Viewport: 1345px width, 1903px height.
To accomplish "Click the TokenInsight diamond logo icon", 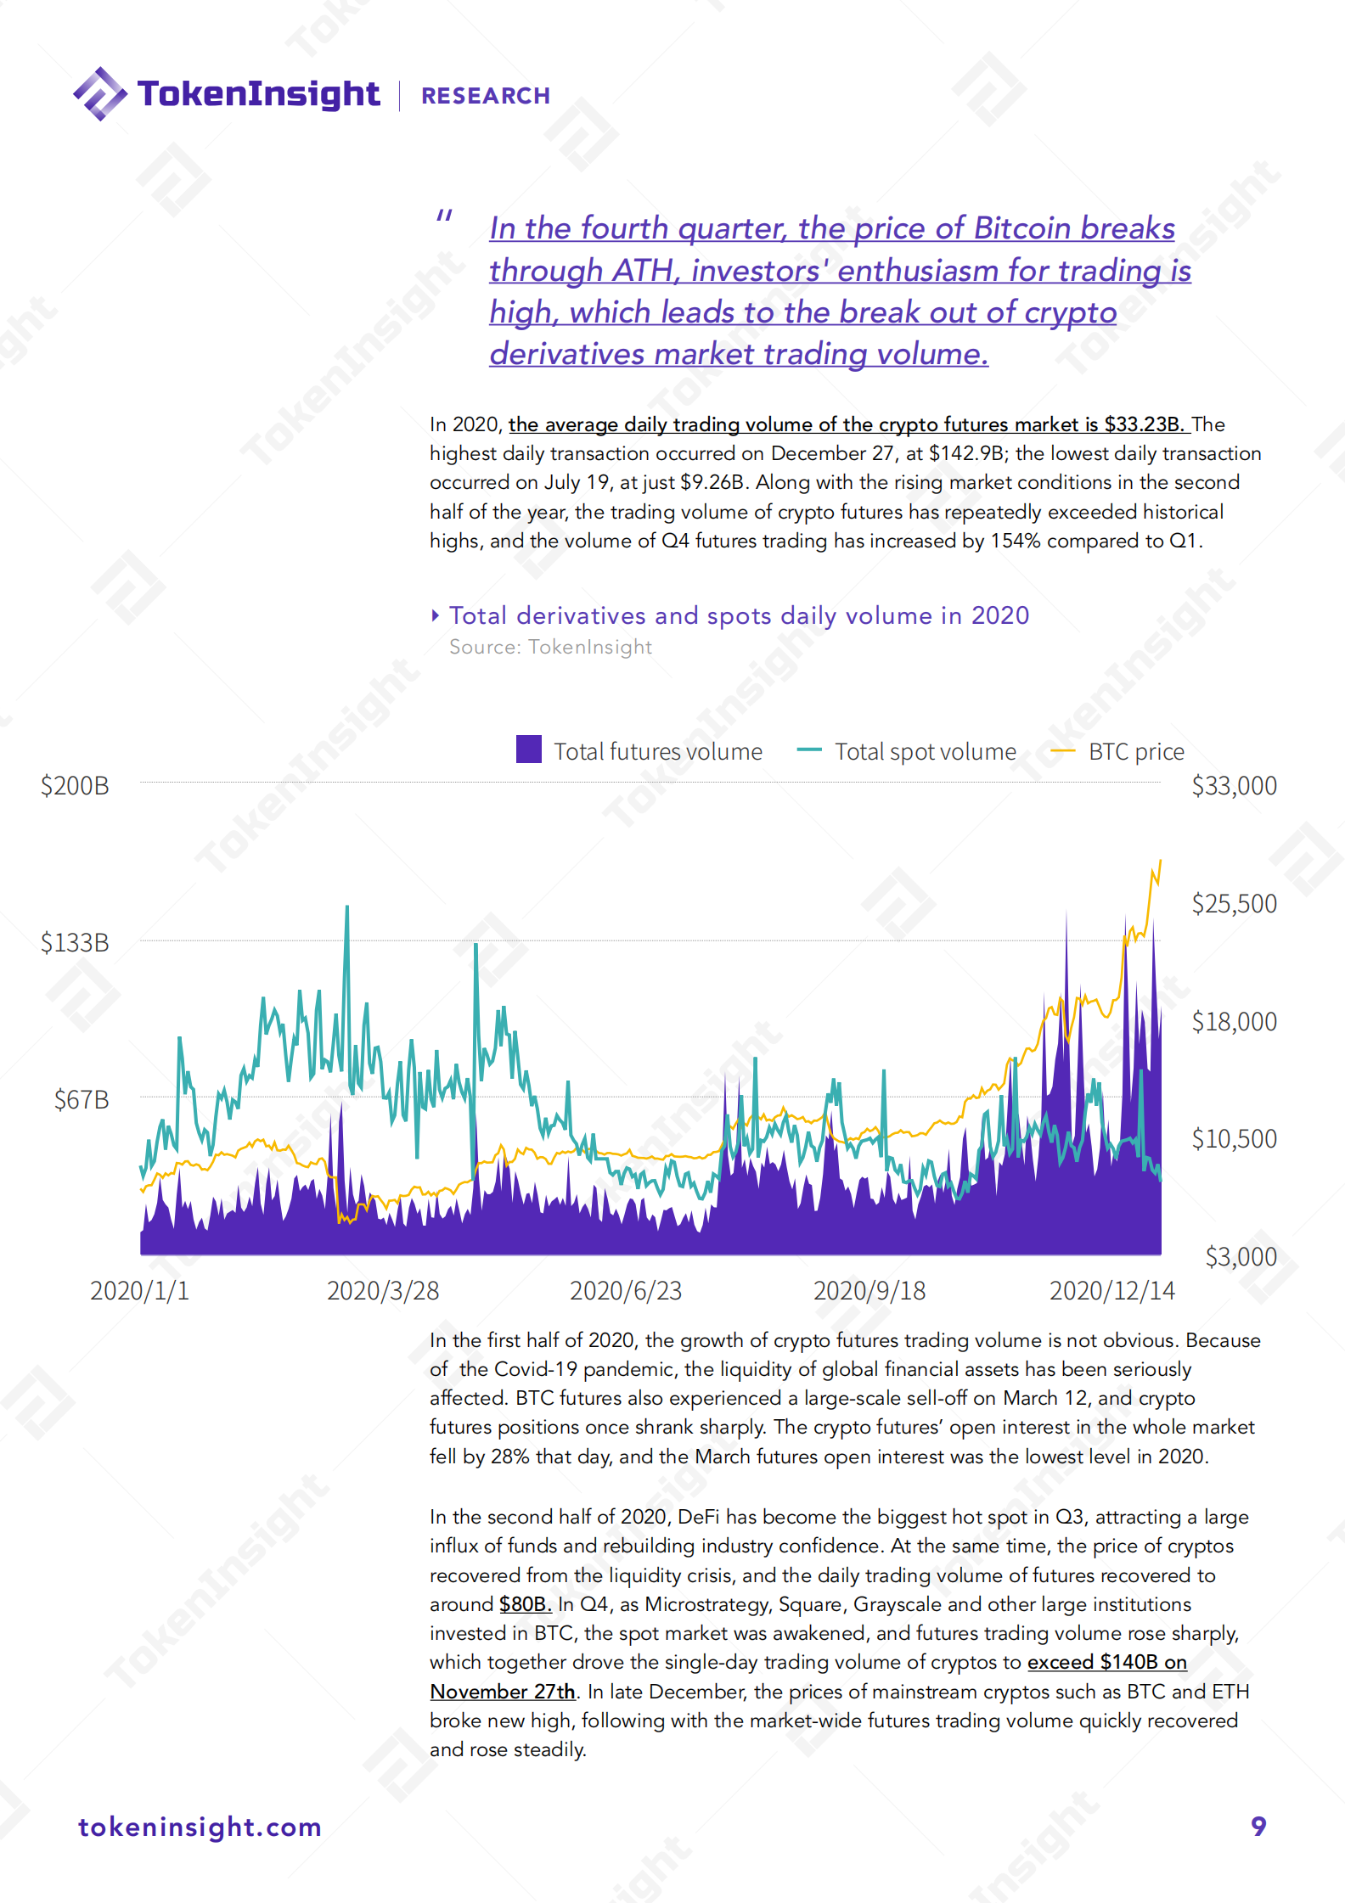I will pyautogui.click(x=100, y=93).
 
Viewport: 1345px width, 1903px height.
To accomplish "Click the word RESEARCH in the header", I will pyautogui.click(x=486, y=96).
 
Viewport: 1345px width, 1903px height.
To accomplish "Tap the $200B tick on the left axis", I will pyautogui.click(x=75, y=786).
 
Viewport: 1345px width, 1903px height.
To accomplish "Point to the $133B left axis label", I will pyautogui.click(x=75, y=943).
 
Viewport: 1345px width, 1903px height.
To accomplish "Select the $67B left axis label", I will pyautogui.click(x=82, y=1100).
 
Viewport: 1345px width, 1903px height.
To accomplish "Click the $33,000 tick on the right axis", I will pyautogui.click(x=1234, y=786).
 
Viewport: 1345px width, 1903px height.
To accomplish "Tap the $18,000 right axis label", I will pyautogui.click(x=1234, y=1022).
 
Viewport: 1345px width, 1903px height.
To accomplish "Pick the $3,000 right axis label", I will pyautogui.click(x=1241, y=1257).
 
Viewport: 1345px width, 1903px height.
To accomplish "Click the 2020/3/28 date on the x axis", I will pyautogui.click(x=383, y=1291).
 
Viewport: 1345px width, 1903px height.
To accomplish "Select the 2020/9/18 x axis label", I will pyautogui.click(x=869, y=1291).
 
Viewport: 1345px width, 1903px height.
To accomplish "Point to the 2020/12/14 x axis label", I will pyautogui.click(x=1112, y=1291).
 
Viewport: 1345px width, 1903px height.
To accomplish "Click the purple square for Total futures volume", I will pyautogui.click(x=529, y=749).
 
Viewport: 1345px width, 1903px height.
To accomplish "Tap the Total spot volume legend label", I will pyautogui.click(x=925, y=752).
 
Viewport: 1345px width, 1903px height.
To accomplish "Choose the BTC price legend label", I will pyautogui.click(x=1136, y=752).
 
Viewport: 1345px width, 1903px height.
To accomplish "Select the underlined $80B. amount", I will pyautogui.click(x=525, y=1604).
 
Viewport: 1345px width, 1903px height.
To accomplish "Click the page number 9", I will pyautogui.click(x=1258, y=1826).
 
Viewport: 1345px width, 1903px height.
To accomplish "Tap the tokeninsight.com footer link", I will pyautogui.click(x=200, y=1827).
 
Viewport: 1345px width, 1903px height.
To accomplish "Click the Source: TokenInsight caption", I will pyautogui.click(x=550, y=647).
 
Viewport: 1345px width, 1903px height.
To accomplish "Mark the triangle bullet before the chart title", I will pyautogui.click(x=436, y=615).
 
